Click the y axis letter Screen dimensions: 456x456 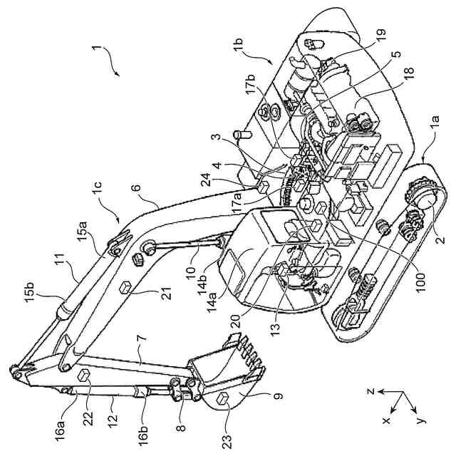423,419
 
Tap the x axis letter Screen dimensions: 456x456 387,421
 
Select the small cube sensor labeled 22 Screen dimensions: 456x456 83,375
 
